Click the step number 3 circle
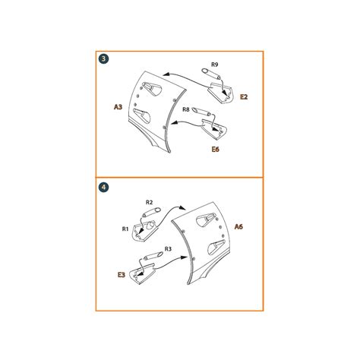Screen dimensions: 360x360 pyautogui.click(x=104, y=59)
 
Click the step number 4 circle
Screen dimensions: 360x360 pyautogui.click(x=104, y=188)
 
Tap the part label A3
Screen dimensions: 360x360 pyautogui.click(x=118, y=107)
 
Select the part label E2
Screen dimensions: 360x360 pyautogui.click(x=244, y=96)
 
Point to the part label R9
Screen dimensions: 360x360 pyautogui.click(x=214, y=65)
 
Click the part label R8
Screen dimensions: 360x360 pyautogui.click(x=186, y=109)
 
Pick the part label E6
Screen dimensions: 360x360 pyautogui.click(x=215, y=150)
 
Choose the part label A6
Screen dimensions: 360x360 pyautogui.click(x=238, y=226)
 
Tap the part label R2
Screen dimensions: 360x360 pyautogui.click(x=150, y=202)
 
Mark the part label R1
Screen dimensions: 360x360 pyautogui.click(x=125, y=229)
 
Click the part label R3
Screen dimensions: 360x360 pyautogui.click(x=168, y=249)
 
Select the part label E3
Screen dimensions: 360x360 pyautogui.click(x=122, y=275)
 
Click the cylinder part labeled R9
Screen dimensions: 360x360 pyautogui.click(x=211, y=73)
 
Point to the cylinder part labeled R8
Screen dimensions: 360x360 pyautogui.click(x=201, y=112)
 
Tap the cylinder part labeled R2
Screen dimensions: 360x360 pyautogui.click(x=151, y=212)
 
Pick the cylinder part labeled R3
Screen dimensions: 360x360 pyautogui.click(x=153, y=255)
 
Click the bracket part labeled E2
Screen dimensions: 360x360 pyautogui.click(x=219, y=93)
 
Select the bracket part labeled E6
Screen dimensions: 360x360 pyautogui.click(x=214, y=130)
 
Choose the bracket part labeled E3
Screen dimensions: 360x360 pyautogui.click(x=142, y=274)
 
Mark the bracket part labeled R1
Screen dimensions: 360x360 pyautogui.click(x=144, y=231)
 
